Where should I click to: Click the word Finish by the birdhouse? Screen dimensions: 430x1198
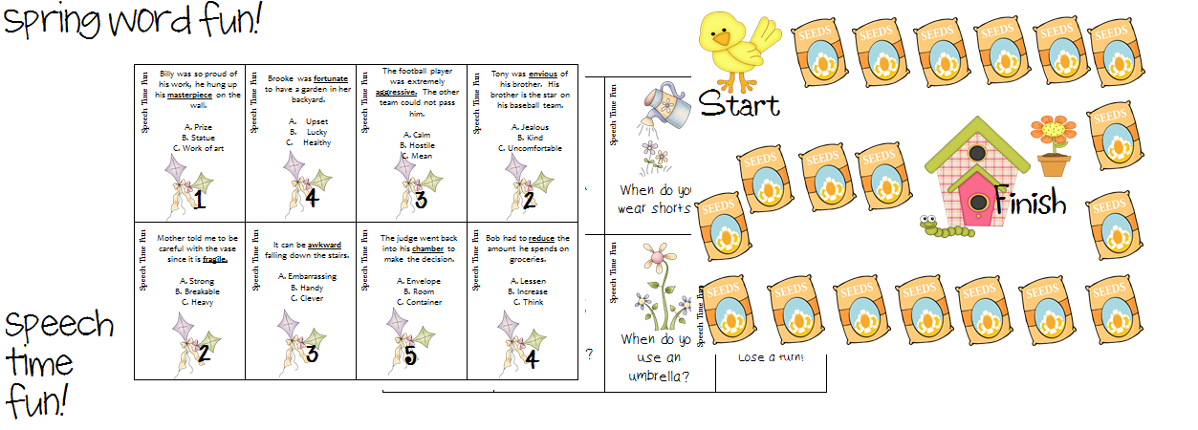(1029, 202)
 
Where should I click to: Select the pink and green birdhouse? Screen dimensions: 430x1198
(969, 172)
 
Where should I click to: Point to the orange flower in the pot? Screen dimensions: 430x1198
(1053, 143)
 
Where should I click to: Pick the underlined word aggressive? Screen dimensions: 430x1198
(396, 92)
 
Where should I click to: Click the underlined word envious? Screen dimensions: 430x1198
(540, 74)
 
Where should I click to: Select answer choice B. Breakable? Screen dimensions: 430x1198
(188, 290)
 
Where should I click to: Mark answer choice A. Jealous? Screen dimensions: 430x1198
(529, 126)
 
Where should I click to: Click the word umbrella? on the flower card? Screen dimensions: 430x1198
(659, 376)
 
